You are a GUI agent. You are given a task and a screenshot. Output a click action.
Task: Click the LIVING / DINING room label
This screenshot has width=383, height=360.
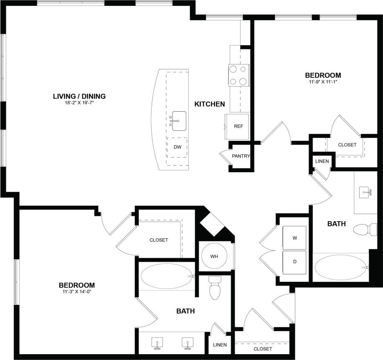[x=79, y=96]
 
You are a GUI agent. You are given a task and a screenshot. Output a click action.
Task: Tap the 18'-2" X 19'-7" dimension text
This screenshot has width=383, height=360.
[x=79, y=103]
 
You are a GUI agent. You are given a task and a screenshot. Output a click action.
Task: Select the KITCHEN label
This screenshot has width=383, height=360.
[x=210, y=104]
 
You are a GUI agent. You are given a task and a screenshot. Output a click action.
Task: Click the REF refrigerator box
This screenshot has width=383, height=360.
[x=238, y=126]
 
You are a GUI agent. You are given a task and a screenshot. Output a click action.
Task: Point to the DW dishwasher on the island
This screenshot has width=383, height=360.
[x=177, y=147]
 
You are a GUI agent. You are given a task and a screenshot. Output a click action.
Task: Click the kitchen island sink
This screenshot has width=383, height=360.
[x=179, y=121]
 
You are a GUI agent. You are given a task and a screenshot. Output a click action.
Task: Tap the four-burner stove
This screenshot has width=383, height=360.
[x=239, y=75]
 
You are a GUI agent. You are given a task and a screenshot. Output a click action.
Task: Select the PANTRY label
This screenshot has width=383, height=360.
[x=241, y=156]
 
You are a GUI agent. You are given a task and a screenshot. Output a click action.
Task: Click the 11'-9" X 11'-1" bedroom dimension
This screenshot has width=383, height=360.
[x=323, y=82]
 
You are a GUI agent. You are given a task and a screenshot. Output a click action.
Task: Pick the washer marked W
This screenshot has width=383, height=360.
[x=294, y=238]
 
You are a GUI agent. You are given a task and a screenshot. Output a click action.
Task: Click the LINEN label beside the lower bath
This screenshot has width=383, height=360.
[x=220, y=345]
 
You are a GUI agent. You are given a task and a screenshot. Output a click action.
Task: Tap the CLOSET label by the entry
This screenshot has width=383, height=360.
[x=262, y=349]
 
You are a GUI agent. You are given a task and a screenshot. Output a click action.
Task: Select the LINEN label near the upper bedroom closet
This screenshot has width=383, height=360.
[x=322, y=161]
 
